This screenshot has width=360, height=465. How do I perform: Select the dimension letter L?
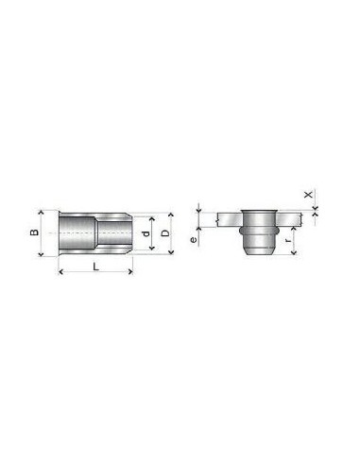point(96,267)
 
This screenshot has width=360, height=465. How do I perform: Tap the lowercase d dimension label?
point(145,233)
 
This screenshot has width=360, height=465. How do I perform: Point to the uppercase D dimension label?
point(165,233)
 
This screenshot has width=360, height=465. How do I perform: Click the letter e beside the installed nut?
point(194,240)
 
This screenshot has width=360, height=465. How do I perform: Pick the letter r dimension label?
point(287,241)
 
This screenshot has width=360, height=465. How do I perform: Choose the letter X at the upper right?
point(309,195)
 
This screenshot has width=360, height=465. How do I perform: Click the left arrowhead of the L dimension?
point(60,271)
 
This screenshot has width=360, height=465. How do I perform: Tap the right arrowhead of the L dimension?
point(130,271)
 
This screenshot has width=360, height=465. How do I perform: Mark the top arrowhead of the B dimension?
point(41,213)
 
